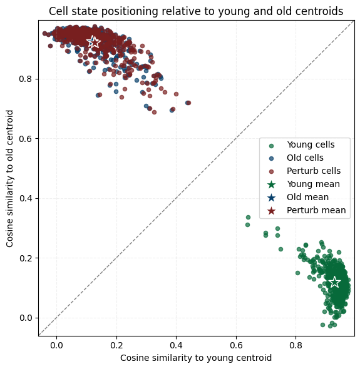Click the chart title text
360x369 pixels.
pos(196,11)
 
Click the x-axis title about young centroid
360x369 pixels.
pos(196,358)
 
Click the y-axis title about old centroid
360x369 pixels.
pos(9,179)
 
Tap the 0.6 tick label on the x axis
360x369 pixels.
pos(236,345)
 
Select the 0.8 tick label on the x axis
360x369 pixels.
pos(296,345)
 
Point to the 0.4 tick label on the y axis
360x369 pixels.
pos(26,198)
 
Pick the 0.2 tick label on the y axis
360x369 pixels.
pos(26,258)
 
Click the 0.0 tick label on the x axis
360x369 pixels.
pos(56,345)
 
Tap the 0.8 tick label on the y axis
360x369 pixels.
pos(26,79)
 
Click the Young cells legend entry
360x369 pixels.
pos(302,144)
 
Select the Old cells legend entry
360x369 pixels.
pos(297,158)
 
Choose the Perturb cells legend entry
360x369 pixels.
pos(305,171)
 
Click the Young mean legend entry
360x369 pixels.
pos(304,184)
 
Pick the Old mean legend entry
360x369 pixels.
pos(299,197)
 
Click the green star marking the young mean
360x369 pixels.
pos(334,282)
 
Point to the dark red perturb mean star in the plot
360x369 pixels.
pos(95,43)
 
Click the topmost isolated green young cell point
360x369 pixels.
pos(248,217)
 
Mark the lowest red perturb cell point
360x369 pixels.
pos(154,112)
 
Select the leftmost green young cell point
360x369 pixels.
pos(248,225)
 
